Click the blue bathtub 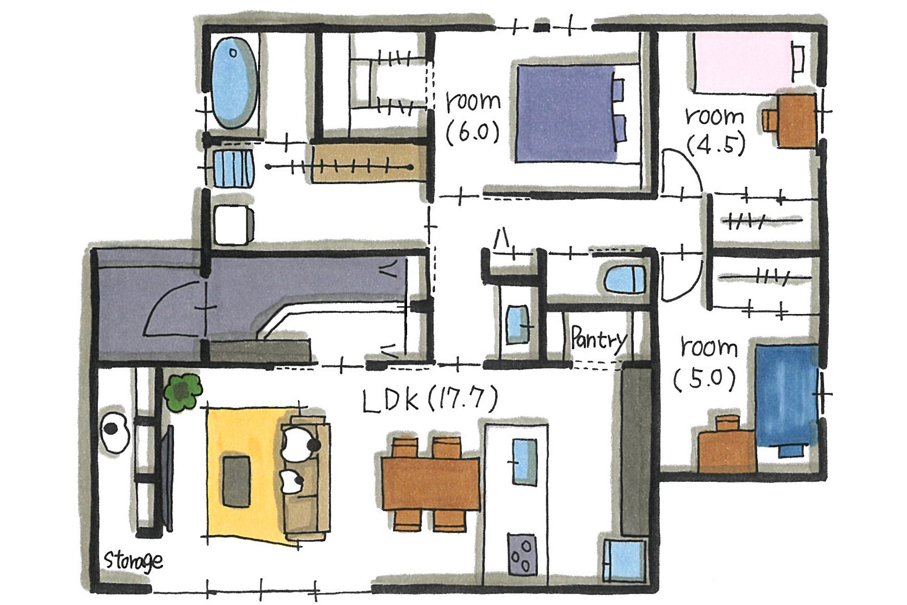click(234, 83)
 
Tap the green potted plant click(182, 392)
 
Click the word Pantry click(598, 340)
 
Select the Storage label click(133, 561)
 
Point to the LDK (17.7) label click(430, 400)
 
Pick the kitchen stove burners click(521, 554)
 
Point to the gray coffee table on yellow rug click(236, 481)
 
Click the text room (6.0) click(473, 117)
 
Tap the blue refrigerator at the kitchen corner click(624, 561)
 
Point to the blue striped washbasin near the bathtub click(233, 168)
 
